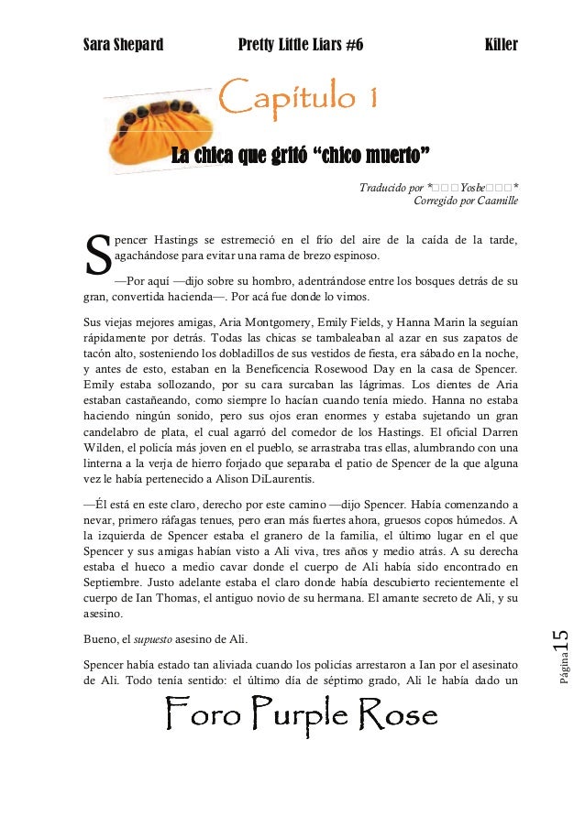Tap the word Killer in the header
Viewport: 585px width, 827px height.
[501, 44]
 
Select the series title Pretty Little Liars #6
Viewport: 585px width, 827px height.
[300, 44]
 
